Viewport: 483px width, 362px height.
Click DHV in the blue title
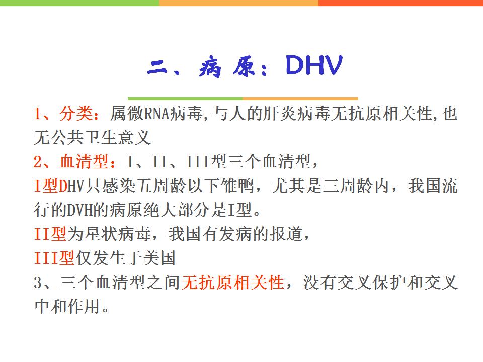[314, 65]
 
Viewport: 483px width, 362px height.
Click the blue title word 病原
[227, 66]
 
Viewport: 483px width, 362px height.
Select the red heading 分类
[76, 113]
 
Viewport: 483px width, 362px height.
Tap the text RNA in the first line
[157, 114]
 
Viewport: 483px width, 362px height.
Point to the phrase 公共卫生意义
[101, 137]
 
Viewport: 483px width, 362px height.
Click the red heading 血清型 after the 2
[84, 161]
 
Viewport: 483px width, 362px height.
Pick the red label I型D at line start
[51, 186]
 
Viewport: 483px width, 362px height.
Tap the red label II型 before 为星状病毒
[50, 234]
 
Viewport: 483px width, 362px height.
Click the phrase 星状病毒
[118, 234]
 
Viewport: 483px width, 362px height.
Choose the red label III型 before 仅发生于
[54, 258]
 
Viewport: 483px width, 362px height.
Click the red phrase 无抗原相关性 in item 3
[232, 282]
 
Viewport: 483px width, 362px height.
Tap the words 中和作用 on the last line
[67, 306]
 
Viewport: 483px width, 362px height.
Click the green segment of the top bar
[79, 3]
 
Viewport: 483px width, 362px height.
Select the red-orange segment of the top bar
[400, 3]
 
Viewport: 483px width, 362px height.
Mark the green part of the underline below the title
[185, 99]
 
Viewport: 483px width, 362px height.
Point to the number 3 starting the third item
[38, 282]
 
